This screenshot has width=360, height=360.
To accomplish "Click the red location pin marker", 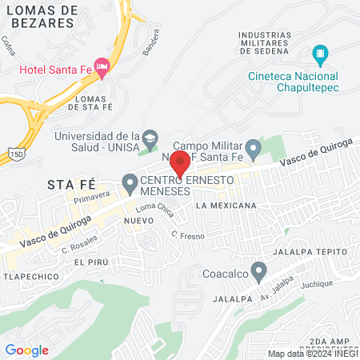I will click(x=180, y=162).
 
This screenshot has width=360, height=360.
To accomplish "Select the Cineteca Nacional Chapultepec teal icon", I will click(x=320, y=55).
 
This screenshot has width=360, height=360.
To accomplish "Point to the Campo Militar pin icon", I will click(x=253, y=148).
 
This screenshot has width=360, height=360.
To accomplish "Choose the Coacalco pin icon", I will click(x=258, y=272).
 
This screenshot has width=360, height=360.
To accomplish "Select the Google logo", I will click(x=26, y=350).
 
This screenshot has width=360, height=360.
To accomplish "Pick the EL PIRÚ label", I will click(x=90, y=262).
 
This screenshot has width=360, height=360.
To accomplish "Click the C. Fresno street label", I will click(x=184, y=234).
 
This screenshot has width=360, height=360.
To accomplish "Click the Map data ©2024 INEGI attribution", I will click(x=312, y=354).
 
